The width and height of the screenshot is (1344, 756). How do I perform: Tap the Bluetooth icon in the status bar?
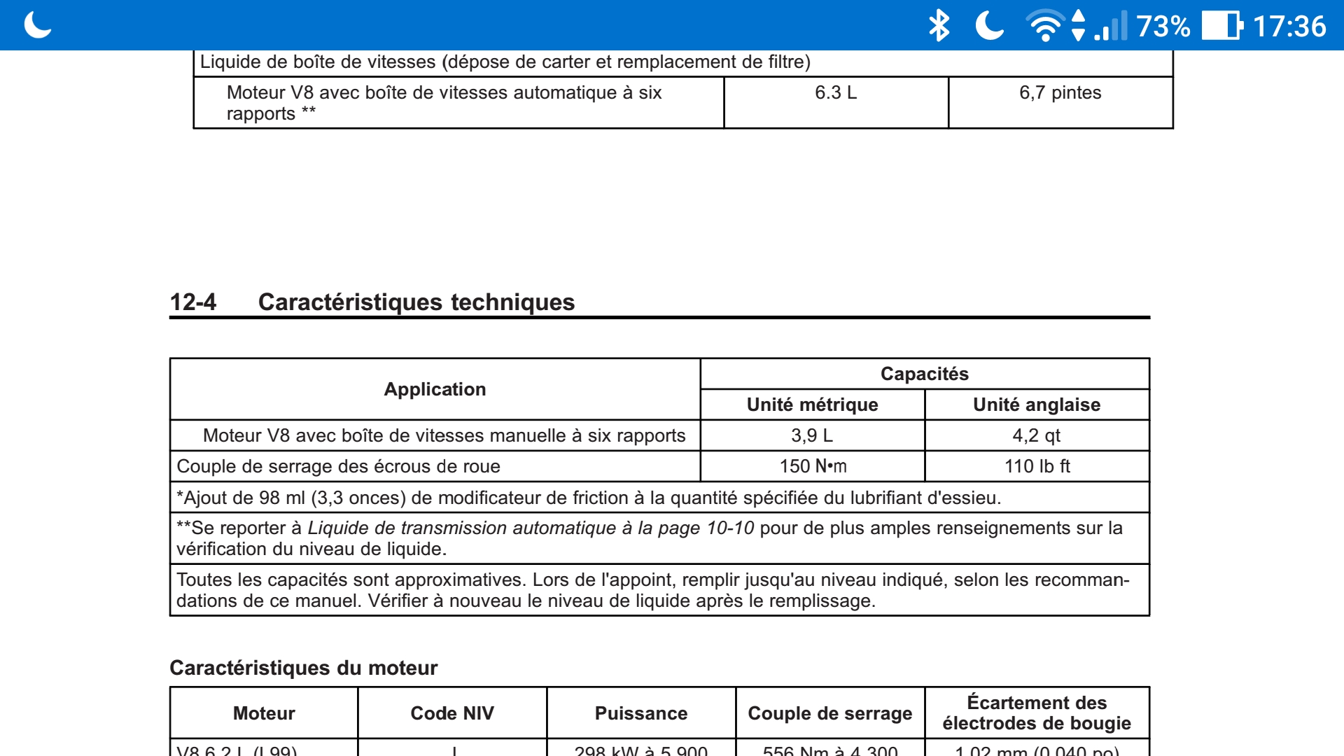pos(939,26)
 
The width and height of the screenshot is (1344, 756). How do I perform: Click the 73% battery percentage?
pos(1163,27)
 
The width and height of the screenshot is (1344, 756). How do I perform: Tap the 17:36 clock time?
pos(1289,27)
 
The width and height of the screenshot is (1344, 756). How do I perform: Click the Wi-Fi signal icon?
pos(1044,26)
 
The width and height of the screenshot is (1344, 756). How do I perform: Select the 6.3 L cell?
pos(836,92)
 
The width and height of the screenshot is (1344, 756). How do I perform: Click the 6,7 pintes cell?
pos(1060,92)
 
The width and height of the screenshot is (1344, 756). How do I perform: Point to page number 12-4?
pos(193,302)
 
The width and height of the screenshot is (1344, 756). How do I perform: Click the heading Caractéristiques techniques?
pos(416,302)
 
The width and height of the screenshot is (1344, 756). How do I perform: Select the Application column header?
pos(435,389)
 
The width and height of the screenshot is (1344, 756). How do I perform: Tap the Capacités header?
pos(924,374)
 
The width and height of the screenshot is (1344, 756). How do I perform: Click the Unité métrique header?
pos(812,405)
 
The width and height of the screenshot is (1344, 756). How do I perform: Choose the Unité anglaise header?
pos(1037,405)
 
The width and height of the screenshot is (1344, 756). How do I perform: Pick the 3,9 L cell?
pos(812,435)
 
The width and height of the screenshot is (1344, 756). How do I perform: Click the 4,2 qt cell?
pos(1037,435)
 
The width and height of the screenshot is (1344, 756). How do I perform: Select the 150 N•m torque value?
pos(813,466)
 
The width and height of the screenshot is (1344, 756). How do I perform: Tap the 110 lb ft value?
pos(1037,466)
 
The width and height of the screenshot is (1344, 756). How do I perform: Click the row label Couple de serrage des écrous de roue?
pos(338,466)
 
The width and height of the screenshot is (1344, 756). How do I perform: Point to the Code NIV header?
pos(452,713)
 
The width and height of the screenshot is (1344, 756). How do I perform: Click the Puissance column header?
pos(641,713)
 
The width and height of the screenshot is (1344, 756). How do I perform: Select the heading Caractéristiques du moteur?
pos(303,668)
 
